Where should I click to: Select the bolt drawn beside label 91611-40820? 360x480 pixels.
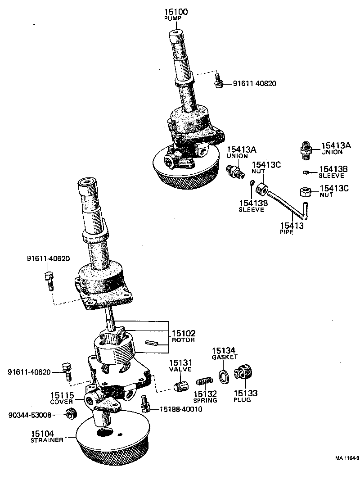click(x=218, y=82)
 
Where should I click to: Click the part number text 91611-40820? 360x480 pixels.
click(x=255, y=83)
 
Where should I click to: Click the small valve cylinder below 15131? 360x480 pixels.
click(x=180, y=385)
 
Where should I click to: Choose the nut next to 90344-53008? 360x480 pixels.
click(x=70, y=414)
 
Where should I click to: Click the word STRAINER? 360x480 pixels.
click(x=47, y=440)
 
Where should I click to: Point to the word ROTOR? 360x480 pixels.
click(x=183, y=340)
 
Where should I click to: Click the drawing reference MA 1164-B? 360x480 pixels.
click(x=346, y=458)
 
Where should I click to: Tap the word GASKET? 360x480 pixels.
click(x=225, y=357)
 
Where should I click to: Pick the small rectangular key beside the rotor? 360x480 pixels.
click(x=153, y=342)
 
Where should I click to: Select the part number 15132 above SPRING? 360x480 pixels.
click(x=205, y=394)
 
